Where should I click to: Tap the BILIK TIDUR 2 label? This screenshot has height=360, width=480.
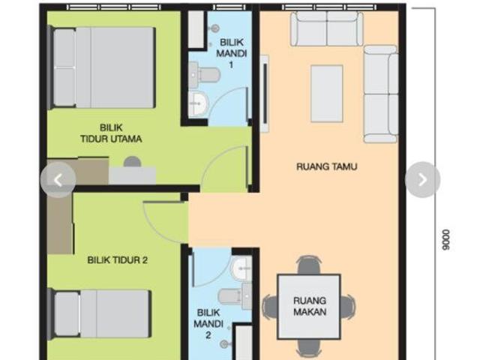click(117, 260)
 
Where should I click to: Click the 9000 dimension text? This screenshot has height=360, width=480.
click(446, 239)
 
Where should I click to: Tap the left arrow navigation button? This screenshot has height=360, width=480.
click(58, 179)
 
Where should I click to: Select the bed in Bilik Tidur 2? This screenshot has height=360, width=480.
click(102, 313)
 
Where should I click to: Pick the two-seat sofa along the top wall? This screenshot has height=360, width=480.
click(326, 28)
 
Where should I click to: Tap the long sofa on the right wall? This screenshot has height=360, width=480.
click(380, 94)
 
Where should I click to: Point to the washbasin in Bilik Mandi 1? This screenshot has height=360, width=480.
click(199, 104)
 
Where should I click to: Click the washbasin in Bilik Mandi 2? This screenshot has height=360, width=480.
click(241, 268)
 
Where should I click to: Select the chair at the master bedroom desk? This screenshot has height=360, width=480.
click(132, 161)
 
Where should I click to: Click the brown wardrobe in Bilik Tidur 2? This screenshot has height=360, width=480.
click(60, 223)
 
